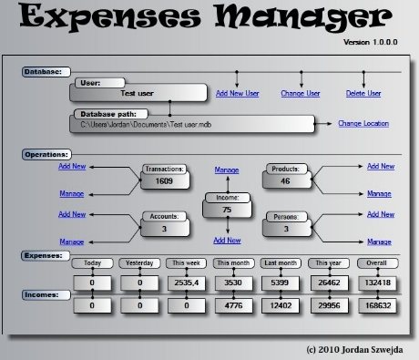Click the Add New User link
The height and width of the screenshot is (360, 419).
238,93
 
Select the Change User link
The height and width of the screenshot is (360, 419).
301,93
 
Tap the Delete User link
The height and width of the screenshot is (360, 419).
363,93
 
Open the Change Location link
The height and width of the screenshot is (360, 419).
363,123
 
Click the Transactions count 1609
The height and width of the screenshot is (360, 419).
164,181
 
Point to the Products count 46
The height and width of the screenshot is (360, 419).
285,181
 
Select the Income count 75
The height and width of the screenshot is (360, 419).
227,210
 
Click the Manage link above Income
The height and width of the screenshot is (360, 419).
227,170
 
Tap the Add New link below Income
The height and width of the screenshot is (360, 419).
227,241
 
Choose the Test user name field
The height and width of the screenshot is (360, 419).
138,93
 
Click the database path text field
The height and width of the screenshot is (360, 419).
192,124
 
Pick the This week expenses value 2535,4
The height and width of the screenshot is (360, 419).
187,283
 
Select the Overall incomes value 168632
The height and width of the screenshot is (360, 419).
378,305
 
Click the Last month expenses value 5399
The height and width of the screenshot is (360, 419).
280,283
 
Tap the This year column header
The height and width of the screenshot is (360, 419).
329,263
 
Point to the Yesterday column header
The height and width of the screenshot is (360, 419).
139,263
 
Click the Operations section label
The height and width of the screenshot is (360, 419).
46,155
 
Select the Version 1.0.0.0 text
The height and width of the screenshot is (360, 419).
371,42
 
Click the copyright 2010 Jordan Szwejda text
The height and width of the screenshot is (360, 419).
354,350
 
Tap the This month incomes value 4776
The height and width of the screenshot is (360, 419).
233,305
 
